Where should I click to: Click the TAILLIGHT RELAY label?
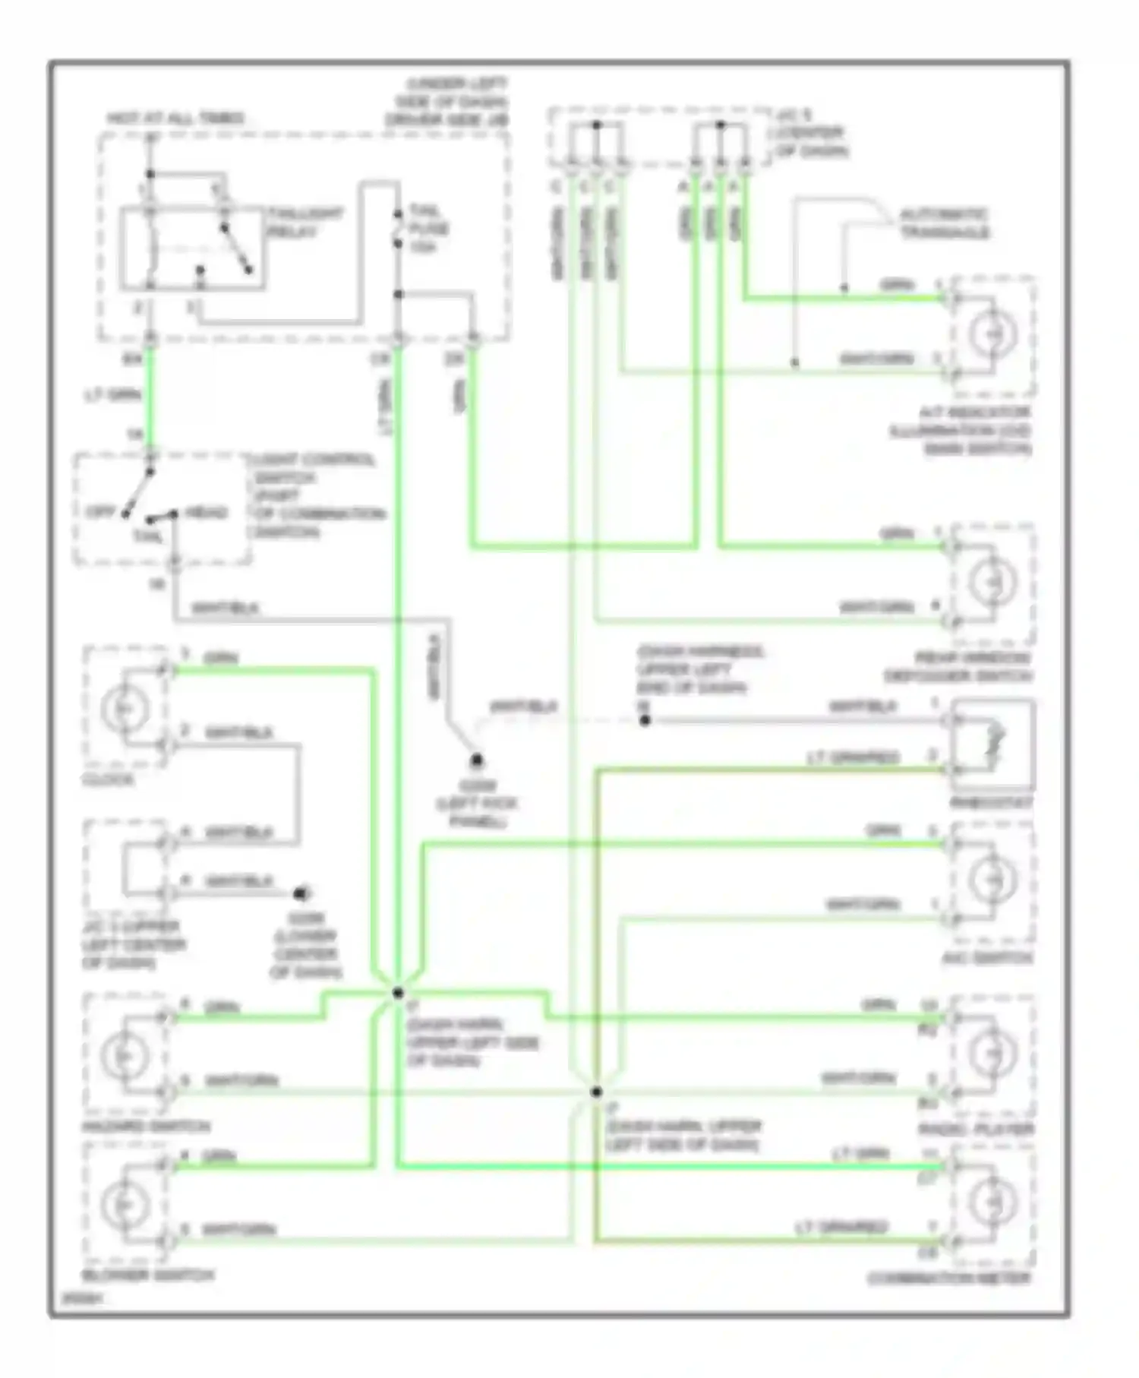pos(302,223)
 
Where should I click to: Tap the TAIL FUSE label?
pos(428,228)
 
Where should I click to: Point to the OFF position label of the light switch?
pos(99,512)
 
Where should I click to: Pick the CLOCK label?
pos(108,780)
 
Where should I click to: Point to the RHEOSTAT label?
pos(990,804)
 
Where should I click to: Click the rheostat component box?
pos(993,743)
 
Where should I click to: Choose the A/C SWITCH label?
pos(987,959)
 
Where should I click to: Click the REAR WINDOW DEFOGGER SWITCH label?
pos(958,667)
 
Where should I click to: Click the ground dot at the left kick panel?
pos(477,760)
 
